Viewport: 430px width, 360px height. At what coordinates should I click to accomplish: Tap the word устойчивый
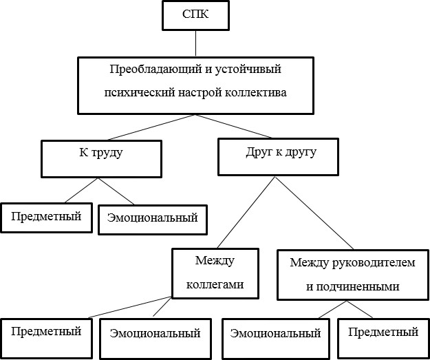(248, 69)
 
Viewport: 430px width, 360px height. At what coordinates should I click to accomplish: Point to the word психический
(140, 92)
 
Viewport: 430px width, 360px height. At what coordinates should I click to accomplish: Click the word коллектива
(256, 92)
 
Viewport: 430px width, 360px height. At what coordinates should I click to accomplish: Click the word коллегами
(215, 284)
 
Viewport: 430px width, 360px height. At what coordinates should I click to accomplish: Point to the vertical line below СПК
(195, 43)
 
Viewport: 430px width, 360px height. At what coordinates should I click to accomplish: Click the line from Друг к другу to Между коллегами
(246, 212)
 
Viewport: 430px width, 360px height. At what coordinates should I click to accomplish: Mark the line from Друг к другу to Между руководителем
(314, 213)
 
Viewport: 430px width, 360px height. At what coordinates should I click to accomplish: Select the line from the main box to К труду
(151, 127)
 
